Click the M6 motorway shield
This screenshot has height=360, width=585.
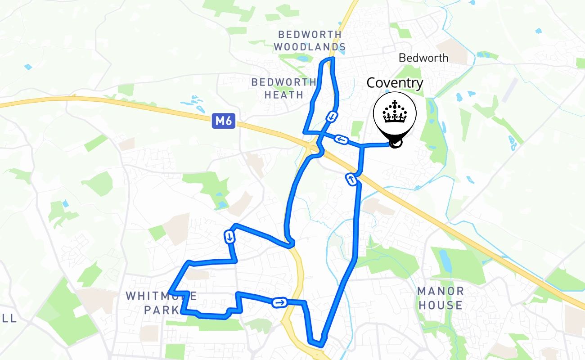pyautogui.click(x=224, y=121)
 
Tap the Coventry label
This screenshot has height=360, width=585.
pyautogui.click(x=395, y=83)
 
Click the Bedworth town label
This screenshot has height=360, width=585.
pyautogui.click(x=423, y=58)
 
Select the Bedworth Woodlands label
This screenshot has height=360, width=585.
pyautogui.click(x=310, y=40)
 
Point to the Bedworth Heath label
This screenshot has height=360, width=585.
pyautogui.click(x=283, y=88)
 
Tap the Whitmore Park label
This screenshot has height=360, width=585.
pyautogui.click(x=161, y=303)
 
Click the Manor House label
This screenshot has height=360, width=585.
pyautogui.click(x=440, y=298)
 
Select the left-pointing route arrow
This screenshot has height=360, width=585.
pyautogui.click(x=342, y=140)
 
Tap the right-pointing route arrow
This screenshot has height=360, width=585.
pyautogui.click(x=279, y=302)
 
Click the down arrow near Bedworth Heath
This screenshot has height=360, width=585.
pyautogui.click(x=332, y=117)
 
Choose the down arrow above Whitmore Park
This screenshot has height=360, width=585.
pyautogui.click(x=230, y=237)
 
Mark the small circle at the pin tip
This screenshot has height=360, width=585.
pyautogui.click(x=396, y=143)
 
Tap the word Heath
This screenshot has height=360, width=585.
pyautogui.click(x=284, y=95)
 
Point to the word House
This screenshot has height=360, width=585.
pyautogui.click(x=440, y=305)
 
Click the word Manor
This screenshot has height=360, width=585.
pyautogui.click(x=440, y=291)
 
